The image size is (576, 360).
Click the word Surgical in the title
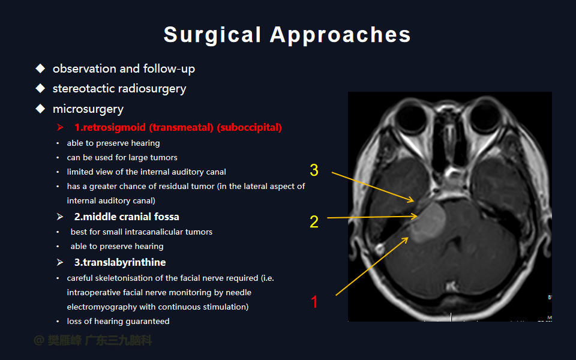click(x=212, y=35)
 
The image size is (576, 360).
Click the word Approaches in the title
click(x=340, y=35)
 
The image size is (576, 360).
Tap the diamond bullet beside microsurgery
click(x=40, y=109)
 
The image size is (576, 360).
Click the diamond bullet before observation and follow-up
click(x=40, y=68)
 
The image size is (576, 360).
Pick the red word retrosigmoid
click(x=114, y=127)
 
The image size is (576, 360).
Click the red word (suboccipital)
click(x=250, y=127)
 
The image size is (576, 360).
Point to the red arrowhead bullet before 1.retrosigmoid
click(x=60, y=127)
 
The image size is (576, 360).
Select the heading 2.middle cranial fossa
click(x=127, y=217)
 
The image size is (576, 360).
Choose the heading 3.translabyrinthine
click(x=120, y=262)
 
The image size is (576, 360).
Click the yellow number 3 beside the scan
click(x=314, y=170)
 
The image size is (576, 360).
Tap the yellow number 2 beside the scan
click(x=314, y=222)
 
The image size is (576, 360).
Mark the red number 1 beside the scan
click(x=314, y=302)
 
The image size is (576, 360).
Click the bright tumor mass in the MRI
click(x=428, y=222)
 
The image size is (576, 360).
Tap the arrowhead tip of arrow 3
click(x=414, y=202)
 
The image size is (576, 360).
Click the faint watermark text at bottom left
click(x=92, y=341)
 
